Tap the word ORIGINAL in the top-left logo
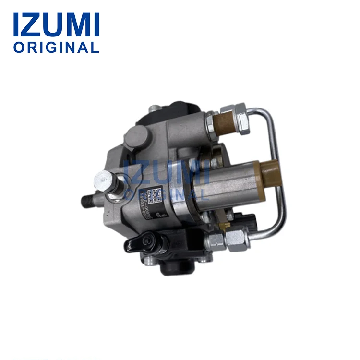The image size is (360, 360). (56, 48)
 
